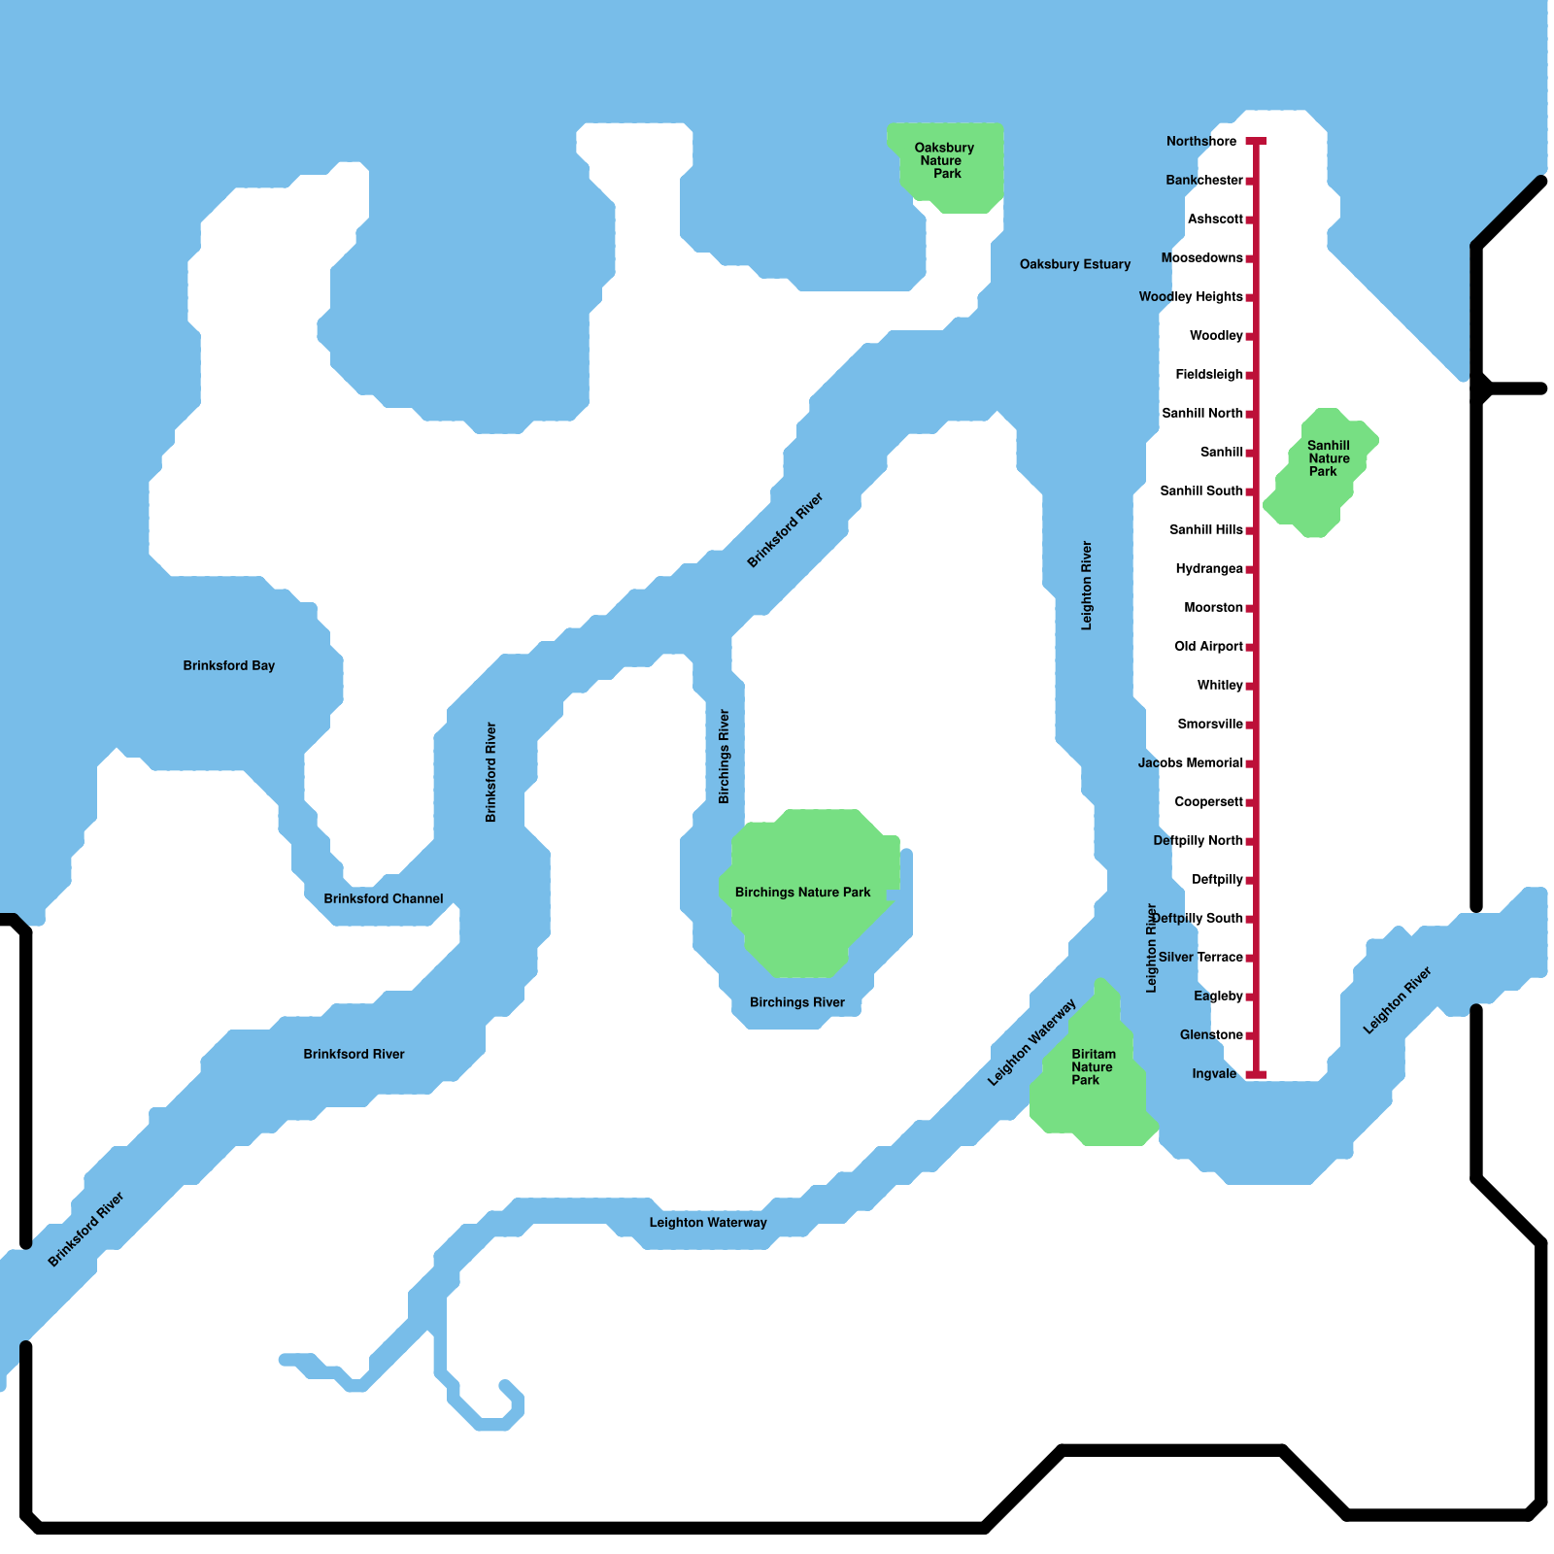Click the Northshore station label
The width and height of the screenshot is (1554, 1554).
pos(1201,142)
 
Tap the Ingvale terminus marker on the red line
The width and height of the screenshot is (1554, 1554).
pos(1256,1074)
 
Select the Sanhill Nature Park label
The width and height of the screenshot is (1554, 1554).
pos(1328,458)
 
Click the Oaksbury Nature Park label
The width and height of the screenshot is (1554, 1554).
pos(944,161)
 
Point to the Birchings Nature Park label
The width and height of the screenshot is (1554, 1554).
pos(802,893)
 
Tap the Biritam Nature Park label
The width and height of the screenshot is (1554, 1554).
pos(1093,1067)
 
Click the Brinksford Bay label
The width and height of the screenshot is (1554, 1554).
pos(229,666)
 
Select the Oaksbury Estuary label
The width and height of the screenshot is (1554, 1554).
pos(1074,264)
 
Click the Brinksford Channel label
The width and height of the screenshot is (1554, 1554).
pos(384,899)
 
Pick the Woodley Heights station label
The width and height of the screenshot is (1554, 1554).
pos(1191,297)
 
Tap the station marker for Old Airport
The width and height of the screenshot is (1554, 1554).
pos(1250,647)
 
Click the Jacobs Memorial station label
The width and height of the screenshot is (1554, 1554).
pos(1190,763)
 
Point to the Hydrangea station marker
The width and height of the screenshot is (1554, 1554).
pos(1250,569)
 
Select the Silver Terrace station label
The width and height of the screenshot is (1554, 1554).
pos(1200,958)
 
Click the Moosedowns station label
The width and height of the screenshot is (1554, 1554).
pos(1201,258)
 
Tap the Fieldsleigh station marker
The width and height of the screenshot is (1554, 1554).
pos(1250,375)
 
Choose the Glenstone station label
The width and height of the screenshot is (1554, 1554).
pos(1211,1035)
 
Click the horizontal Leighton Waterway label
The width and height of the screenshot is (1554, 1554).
pos(708,1223)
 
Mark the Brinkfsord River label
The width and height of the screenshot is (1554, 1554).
pos(354,1055)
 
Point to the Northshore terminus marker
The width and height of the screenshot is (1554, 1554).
pos(1256,142)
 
